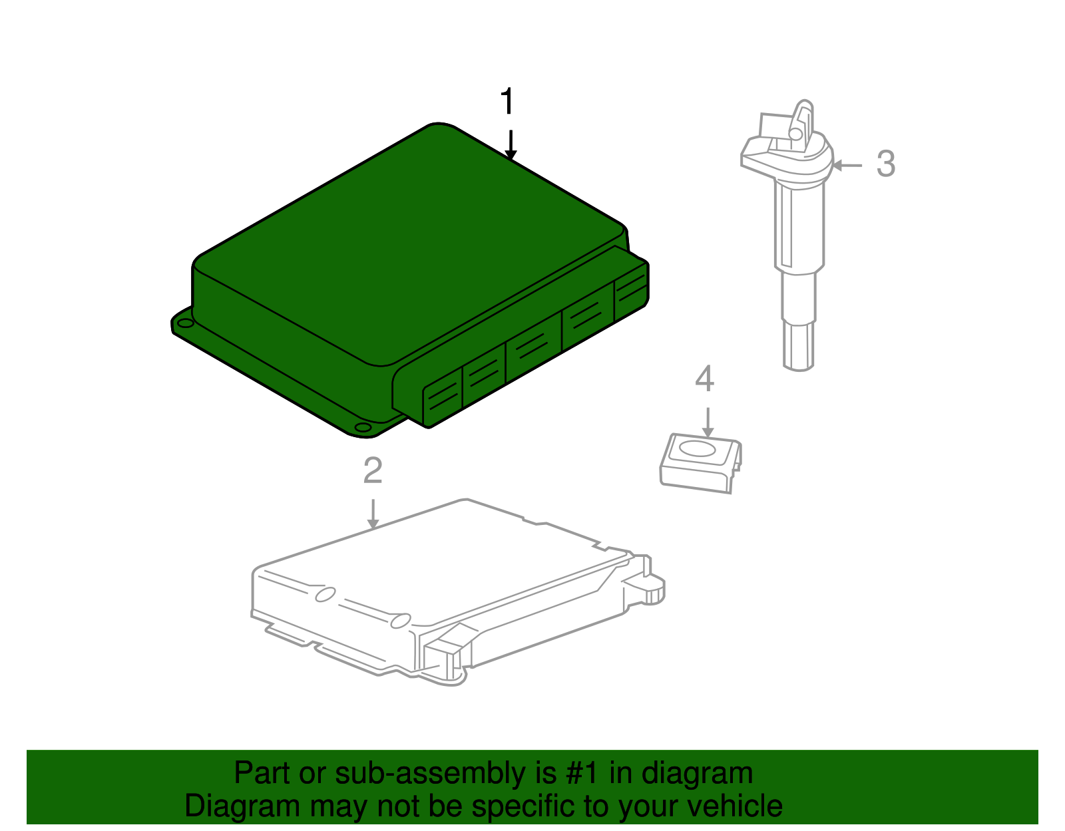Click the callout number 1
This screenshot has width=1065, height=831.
tap(507, 102)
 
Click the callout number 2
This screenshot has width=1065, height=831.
tap(373, 471)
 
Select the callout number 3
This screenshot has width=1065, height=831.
tap(885, 164)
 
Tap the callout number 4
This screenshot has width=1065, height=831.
tap(704, 379)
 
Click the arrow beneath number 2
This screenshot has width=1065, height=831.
tap(373, 514)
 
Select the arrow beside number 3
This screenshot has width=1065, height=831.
tap(847, 165)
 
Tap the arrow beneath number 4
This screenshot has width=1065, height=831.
tap(708, 422)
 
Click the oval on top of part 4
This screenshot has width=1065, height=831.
tap(699, 449)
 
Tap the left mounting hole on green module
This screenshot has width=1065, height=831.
tap(184, 323)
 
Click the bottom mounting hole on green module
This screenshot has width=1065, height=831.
tap(362, 428)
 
